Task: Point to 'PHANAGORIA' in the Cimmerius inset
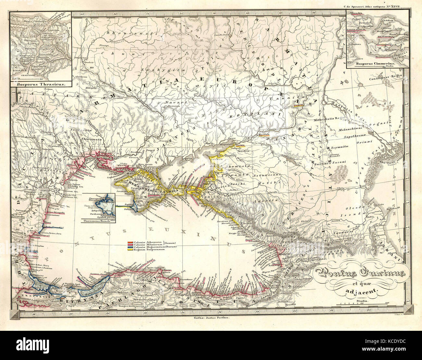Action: click(378, 46)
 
